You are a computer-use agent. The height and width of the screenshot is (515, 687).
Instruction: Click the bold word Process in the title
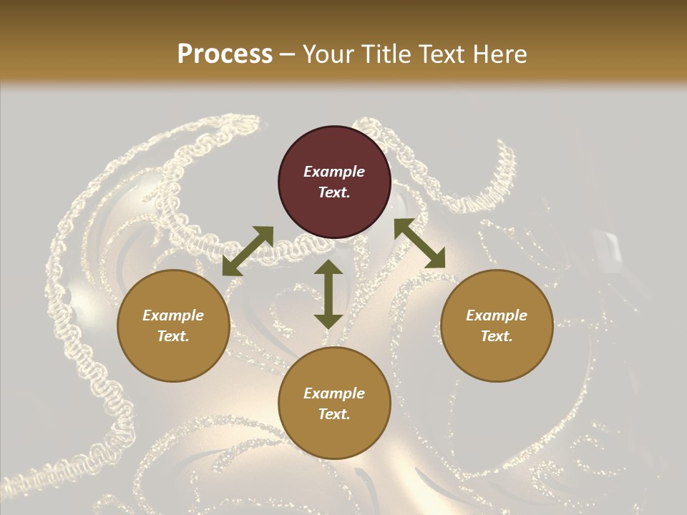click(x=225, y=54)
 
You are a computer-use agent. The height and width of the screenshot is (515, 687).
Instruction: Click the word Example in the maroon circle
click(x=334, y=172)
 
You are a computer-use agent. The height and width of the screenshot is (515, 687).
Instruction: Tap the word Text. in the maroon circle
click(x=334, y=192)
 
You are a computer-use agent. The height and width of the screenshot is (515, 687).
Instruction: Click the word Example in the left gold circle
click(x=173, y=315)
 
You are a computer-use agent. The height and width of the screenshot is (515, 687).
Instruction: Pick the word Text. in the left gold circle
click(x=173, y=336)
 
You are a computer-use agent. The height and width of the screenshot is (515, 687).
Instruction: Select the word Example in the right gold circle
click(x=497, y=315)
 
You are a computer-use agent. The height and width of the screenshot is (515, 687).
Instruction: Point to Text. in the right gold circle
click(x=497, y=336)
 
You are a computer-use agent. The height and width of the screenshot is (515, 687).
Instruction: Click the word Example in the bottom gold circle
click(x=334, y=393)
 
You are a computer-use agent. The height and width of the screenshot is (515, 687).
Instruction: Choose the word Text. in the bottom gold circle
click(x=334, y=414)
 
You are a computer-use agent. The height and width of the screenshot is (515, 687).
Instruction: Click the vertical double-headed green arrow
click(x=328, y=294)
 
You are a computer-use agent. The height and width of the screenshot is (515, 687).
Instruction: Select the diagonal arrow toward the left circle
click(x=248, y=250)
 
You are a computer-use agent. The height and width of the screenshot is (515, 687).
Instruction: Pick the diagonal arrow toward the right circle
click(x=419, y=244)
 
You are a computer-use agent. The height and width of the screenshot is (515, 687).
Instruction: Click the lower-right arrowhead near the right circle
click(x=436, y=260)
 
